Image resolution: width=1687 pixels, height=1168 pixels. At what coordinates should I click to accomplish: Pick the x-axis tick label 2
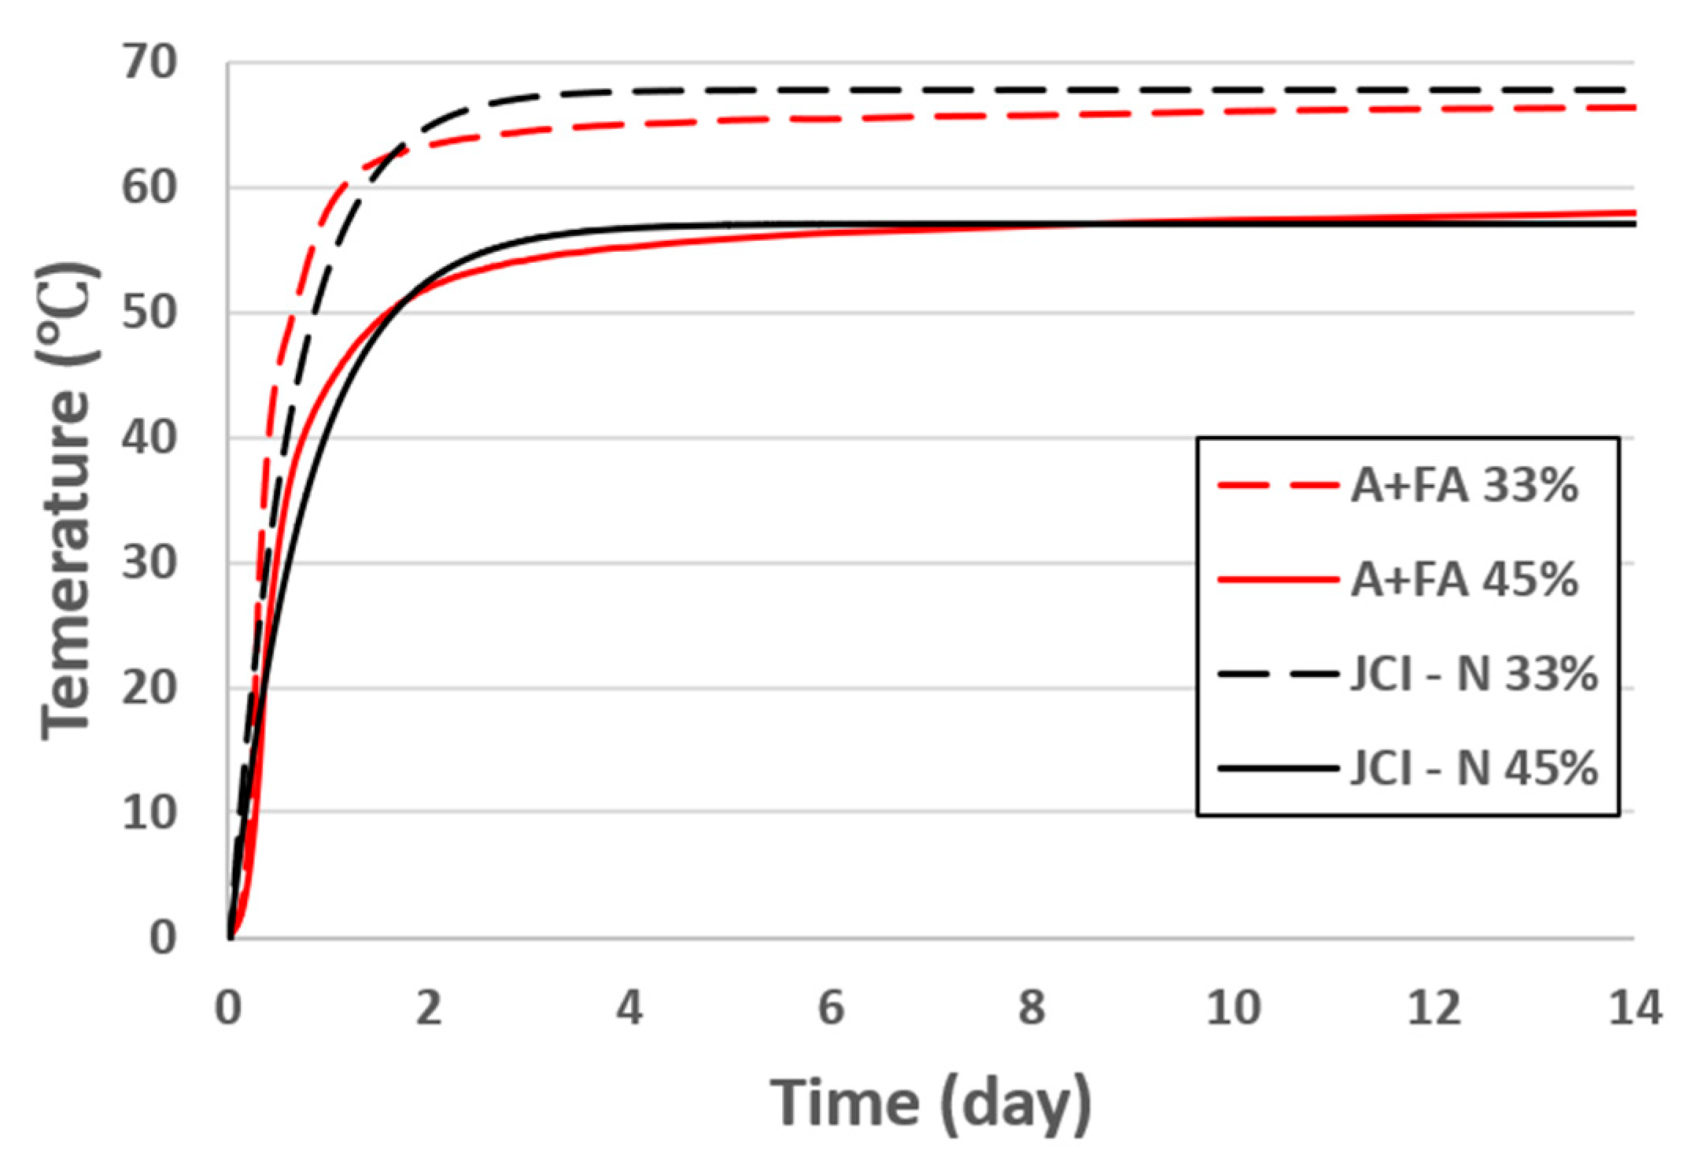[x=429, y=1008]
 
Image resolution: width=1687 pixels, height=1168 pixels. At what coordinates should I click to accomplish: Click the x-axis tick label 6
[x=831, y=1008]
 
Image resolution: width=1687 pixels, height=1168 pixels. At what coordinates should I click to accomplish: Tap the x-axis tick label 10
[x=1234, y=1008]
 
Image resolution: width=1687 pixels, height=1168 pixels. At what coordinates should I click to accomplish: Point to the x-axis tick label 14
[x=1634, y=1008]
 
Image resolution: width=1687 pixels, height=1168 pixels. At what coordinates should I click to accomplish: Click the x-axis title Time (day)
[x=930, y=1102]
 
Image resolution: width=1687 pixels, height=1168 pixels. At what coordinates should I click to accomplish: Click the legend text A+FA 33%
[x=1464, y=487]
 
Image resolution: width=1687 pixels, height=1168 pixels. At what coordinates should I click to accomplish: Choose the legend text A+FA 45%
[x=1464, y=581]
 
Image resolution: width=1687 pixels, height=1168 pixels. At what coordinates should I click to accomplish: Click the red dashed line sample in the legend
[x=1276, y=487]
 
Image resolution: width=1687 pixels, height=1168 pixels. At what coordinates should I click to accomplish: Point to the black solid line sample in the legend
[x=1276, y=768]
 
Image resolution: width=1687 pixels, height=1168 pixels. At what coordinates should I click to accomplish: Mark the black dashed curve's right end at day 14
[x=1632, y=90]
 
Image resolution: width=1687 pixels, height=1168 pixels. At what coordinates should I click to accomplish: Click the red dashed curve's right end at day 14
[x=1632, y=108]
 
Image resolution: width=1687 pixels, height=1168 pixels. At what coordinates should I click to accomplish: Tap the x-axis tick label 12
[x=1434, y=1008]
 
